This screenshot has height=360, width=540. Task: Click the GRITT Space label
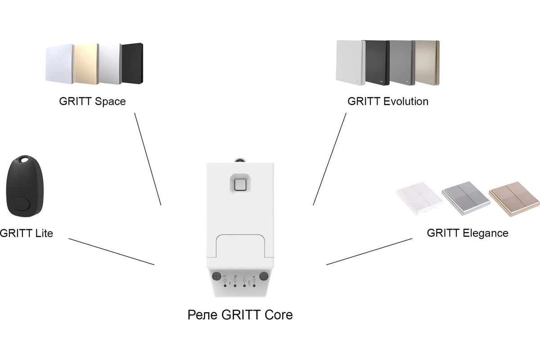coord(92,101)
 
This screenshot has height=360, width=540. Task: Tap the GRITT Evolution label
coord(388,101)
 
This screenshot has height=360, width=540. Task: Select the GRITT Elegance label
coord(468,233)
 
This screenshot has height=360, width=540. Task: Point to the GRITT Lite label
coord(26,233)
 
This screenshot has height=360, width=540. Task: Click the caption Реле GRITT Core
coord(240,315)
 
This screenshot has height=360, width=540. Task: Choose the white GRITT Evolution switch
coord(350,62)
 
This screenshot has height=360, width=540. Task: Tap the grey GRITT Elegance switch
coord(465,196)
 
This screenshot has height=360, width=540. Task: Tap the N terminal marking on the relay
coord(235,276)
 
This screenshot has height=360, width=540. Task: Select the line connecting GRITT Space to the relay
coord(148,158)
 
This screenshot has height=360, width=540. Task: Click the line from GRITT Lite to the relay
coord(111,252)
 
